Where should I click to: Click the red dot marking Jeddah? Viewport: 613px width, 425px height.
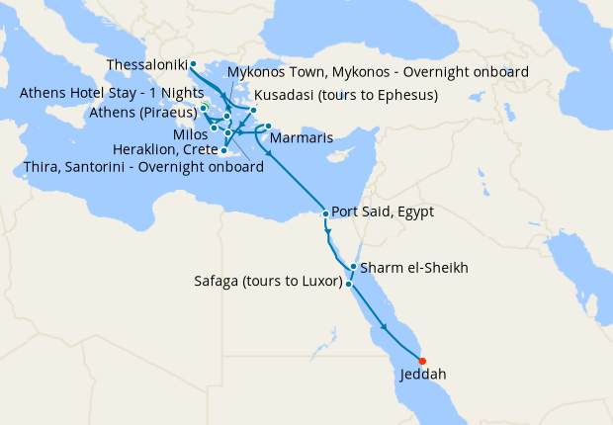pyautogui.click(x=423, y=361)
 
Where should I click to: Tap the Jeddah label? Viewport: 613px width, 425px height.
pyautogui.click(x=423, y=376)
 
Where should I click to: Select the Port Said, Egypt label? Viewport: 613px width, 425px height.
pyautogui.click(x=383, y=212)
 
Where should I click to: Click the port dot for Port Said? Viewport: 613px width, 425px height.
pyautogui.click(x=325, y=213)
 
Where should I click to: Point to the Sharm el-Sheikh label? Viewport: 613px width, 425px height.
pyautogui.click(x=414, y=268)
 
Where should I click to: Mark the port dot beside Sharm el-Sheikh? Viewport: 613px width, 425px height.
pyautogui.click(x=353, y=267)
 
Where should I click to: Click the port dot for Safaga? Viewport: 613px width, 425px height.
pyautogui.click(x=348, y=284)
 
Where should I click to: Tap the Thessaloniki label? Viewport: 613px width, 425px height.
pyautogui.click(x=146, y=65)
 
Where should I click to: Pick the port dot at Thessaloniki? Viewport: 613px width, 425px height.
pyautogui.click(x=193, y=65)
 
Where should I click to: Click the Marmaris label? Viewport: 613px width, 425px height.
pyautogui.click(x=301, y=136)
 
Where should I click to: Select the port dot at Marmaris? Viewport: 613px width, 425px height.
pyautogui.click(x=268, y=127)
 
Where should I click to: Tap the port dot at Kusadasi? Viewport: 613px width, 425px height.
pyautogui.click(x=254, y=110)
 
